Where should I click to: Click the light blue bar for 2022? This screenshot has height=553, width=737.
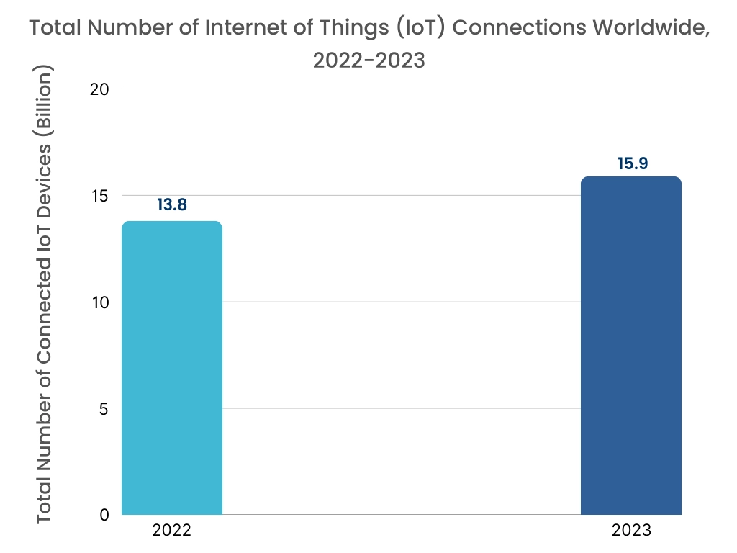point(172,368)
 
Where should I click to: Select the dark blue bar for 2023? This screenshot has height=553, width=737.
point(630,346)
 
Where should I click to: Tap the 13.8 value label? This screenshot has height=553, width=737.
point(172,204)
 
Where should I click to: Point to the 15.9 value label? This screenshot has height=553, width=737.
point(633,163)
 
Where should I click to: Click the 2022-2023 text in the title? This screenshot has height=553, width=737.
point(368,60)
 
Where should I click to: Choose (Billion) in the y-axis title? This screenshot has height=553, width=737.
point(45,100)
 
